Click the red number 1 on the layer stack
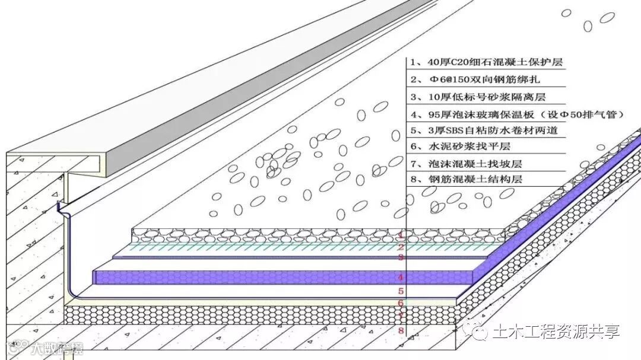[x=401, y=235]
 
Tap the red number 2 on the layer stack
[x=401, y=247]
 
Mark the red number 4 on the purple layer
[x=401, y=277]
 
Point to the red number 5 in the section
[x=401, y=291]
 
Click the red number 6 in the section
[x=401, y=302]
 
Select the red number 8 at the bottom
[x=401, y=330]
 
